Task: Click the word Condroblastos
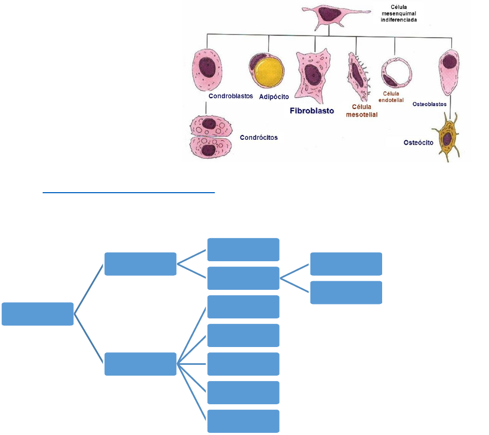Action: click(x=230, y=97)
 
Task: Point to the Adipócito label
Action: click(x=274, y=97)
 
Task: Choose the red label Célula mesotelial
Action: click(x=362, y=111)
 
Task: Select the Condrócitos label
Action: click(x=259, y=138)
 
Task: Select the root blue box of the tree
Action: click(x=37, y=314)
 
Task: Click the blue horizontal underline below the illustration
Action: click(x=129, y=192)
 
